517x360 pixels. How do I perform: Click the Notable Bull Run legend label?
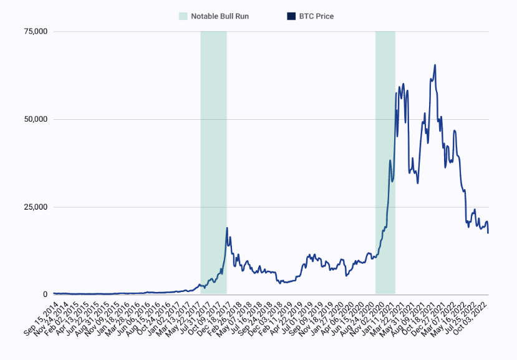point(220,16)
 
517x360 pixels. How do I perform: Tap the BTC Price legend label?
point(316,16)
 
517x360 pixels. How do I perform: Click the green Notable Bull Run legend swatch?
point(183,16)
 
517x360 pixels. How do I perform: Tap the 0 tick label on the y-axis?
point(45,294)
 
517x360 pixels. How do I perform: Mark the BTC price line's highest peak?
point(435,65)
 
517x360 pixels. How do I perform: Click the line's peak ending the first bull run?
point(227,228)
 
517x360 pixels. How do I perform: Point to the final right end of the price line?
point(488,233)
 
